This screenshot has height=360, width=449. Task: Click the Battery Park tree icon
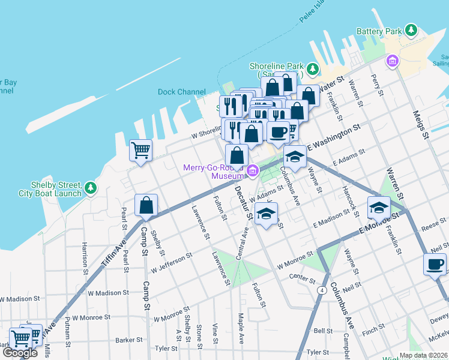411,30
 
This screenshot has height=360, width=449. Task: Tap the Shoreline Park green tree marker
312,70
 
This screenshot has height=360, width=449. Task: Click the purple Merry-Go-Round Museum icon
253,172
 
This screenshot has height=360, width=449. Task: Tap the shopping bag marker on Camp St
146,206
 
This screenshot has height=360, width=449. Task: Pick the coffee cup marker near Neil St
435,265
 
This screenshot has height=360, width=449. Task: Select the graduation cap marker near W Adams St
266,214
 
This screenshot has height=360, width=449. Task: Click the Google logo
20,353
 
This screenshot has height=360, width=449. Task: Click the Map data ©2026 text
423,355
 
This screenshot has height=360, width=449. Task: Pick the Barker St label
129,340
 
